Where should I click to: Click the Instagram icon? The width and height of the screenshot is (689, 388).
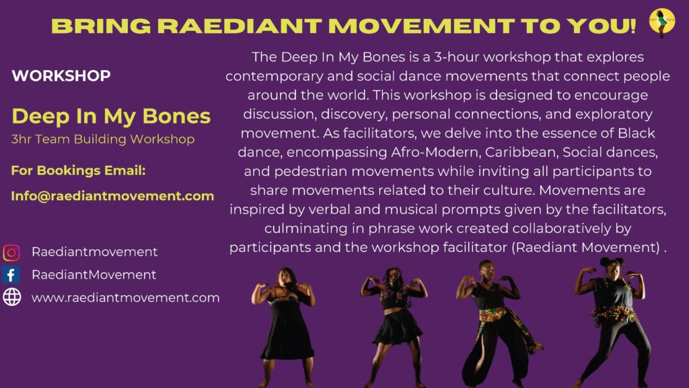[x=11, y=253]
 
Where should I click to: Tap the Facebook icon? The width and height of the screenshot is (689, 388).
[x=11, y=275]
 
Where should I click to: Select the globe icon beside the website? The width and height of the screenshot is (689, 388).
[x=12, y=297]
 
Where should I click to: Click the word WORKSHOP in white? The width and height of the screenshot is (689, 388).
[x=61, y=75]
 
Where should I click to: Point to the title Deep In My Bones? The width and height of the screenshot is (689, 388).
[x=111, y=116]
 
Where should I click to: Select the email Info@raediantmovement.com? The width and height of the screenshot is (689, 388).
[x=112, y=196]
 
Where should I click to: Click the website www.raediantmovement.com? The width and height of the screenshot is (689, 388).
[x=126, y=298]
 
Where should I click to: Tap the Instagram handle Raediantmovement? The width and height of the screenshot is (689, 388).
[x=94, y=252]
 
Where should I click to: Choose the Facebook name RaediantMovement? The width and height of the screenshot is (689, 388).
[x=94, y=275]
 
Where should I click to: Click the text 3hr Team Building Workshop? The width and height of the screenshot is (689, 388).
[x=103, y=139]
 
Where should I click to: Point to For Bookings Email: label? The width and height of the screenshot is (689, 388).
[x=78, y=170]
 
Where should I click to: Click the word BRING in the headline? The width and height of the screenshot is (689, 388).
[x=101, y=26]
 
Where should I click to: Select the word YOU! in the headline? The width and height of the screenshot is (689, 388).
[x=601, y=26]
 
